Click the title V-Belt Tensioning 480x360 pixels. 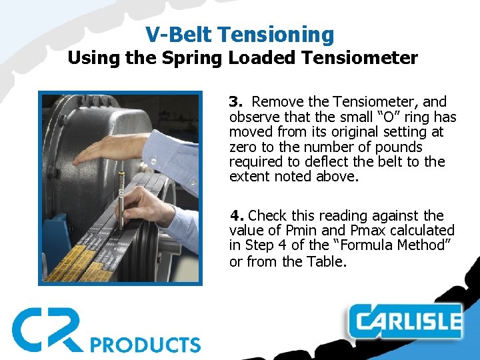point(239,35)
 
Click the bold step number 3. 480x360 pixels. point(235,102)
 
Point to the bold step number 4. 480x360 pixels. point(235,215)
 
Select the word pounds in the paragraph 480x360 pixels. point(401,147)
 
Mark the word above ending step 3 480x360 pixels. point(338,177)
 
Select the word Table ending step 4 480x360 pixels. point(326,261)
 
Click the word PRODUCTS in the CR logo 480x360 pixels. point(145,344)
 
